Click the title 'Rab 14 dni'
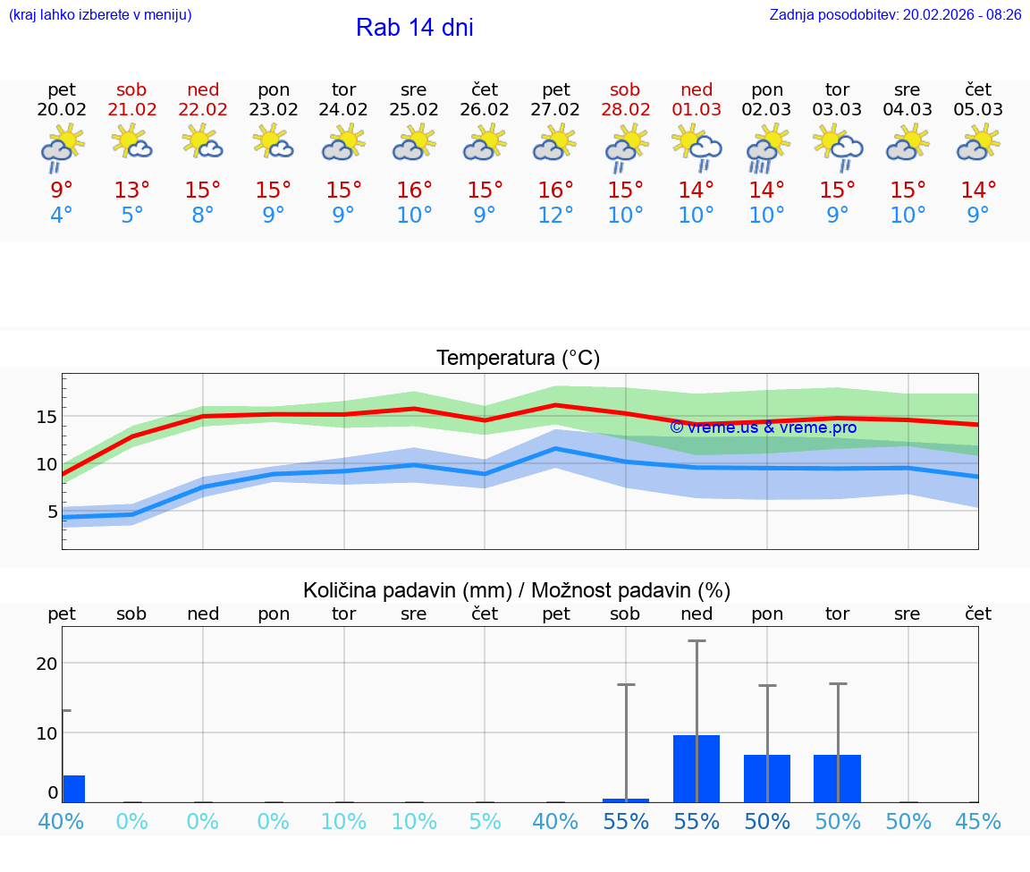[414, 28]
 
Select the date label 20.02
[62, 110]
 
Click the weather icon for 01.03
[697, 146]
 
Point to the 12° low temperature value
[555, 216]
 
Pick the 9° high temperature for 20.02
[62, 190]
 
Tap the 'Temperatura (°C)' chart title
[518, 359]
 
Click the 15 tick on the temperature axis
[47, 417]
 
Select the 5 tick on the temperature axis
[52, 512]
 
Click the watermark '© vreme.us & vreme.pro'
[763, 428]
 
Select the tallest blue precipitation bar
[697, 768]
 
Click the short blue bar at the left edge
[73, 789]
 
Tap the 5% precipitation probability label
[485, 821]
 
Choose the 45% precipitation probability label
[978, 821]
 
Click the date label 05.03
[978, 110]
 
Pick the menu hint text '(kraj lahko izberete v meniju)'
[100, 15]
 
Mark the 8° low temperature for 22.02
[203, 216]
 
